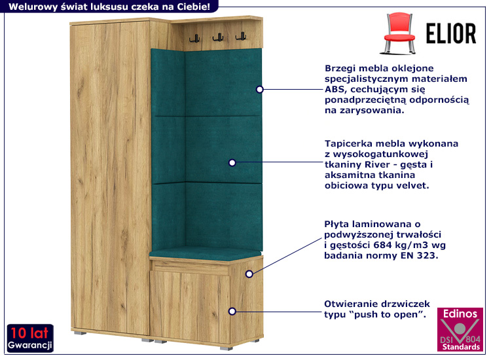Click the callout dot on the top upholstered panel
click(260, 89)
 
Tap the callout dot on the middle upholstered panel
click(232, 162)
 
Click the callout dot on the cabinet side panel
click(249, 274)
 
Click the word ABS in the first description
click(333, 89)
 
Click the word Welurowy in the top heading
click(29, 7)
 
